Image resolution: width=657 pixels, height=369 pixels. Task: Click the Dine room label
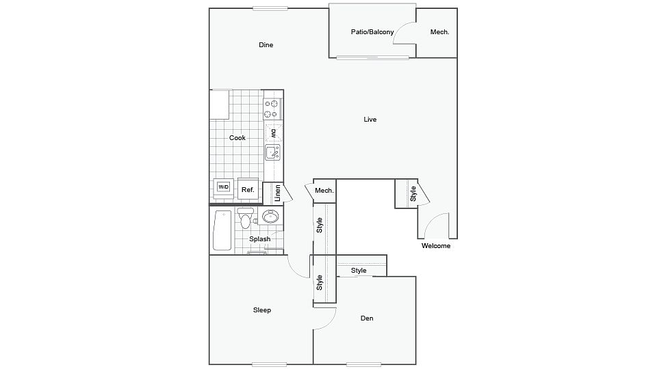(x=266, y=45)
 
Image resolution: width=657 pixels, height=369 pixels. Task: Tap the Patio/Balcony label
(x=372, y=32)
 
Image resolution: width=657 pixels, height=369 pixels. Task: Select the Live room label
(x=370, y=119)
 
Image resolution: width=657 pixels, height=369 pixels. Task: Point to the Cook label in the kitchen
(x=237, y=137)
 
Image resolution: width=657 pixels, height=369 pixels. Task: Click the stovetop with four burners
(x=272, y=109)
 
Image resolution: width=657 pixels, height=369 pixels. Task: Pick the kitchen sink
(x=272, y=152)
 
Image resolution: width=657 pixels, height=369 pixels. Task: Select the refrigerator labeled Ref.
(x=248, y=189)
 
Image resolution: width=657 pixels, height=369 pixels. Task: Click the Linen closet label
(x=277, y=193)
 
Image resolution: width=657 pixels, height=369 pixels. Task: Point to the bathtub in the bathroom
(x=222, y=230)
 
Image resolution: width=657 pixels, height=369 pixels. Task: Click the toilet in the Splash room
(x=245, y=217)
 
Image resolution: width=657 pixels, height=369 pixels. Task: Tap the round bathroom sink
(x=270, y=217)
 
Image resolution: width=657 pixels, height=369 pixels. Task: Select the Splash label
(x=260, y=239)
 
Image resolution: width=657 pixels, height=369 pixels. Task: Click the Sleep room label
(x=262, y=310)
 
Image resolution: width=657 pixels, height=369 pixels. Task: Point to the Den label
(x=367, y=318)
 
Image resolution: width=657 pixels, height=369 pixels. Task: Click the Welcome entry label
(x=436, y=245)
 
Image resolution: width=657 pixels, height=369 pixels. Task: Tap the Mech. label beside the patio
(x=439, y=32)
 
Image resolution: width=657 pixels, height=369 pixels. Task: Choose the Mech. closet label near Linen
(x=324, y=191)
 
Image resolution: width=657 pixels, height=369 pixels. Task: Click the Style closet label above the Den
(x=359, y=271)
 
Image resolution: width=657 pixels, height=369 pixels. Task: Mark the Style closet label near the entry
(x=413, y=193)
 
